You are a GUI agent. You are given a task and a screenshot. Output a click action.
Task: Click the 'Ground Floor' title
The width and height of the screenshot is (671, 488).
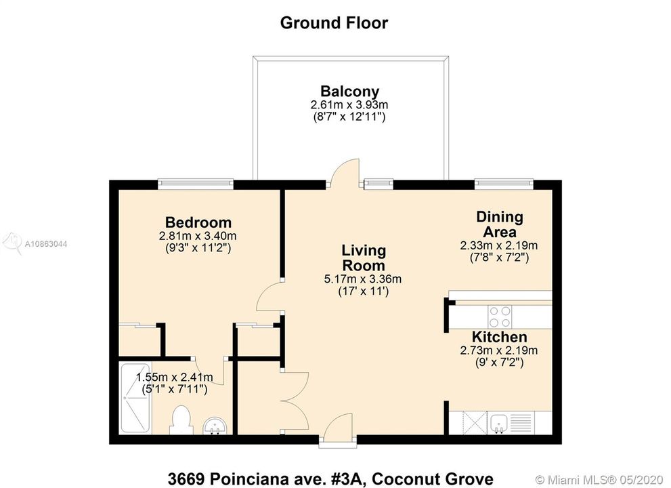tap(334, 23)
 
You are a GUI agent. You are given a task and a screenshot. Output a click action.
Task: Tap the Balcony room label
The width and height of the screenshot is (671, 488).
tap(349, 91)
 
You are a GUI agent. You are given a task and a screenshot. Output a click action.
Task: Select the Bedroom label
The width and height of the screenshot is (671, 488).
tap(198, 222)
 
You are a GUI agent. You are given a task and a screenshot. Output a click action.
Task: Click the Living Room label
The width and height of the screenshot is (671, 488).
tap(364, 258)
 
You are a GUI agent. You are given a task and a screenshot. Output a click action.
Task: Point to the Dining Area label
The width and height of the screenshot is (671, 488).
tap(500, 224)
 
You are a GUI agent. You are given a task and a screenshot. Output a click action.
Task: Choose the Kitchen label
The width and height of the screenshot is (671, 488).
tap(499, 337)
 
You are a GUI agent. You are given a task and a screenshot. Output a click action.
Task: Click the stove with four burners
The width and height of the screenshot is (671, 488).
tap(500, 317)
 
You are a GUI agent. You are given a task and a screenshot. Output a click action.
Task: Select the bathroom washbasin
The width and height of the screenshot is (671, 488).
tap(215, 426)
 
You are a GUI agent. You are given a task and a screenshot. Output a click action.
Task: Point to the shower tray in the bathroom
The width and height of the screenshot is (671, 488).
tap(135, 398)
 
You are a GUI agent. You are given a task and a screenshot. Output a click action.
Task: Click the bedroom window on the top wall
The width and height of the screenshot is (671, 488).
tap(196, 184)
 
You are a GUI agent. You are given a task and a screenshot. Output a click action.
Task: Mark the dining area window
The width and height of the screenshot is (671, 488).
tap(504, 184)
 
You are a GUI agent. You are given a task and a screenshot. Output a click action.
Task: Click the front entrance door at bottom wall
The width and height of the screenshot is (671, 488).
tap(338, 430)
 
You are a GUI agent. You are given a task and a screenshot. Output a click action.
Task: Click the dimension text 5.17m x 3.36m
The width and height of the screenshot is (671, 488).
tap(363, 279)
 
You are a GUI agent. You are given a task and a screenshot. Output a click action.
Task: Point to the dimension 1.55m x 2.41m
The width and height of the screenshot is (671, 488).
tap(174, 378)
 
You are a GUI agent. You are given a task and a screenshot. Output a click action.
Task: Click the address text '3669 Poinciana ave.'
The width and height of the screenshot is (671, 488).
tap(265, 479)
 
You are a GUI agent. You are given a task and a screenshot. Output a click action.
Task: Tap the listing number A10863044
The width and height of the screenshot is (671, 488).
tap(46, 244)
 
